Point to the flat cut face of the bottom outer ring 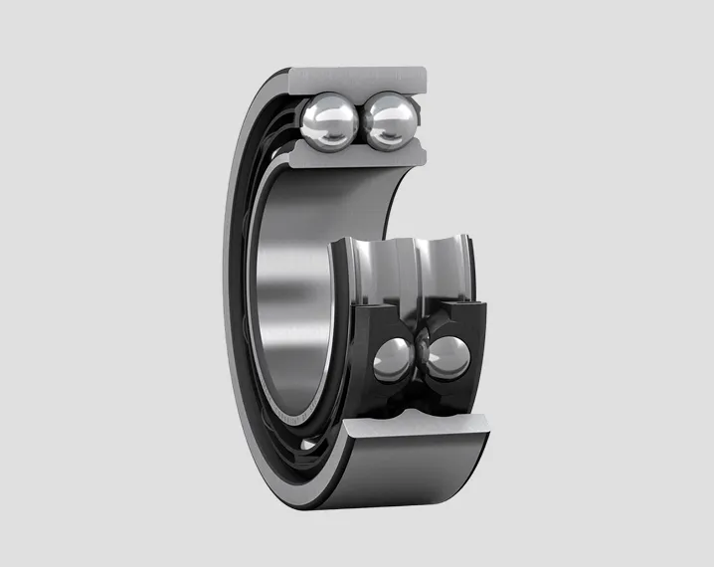(x=418, y=422)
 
